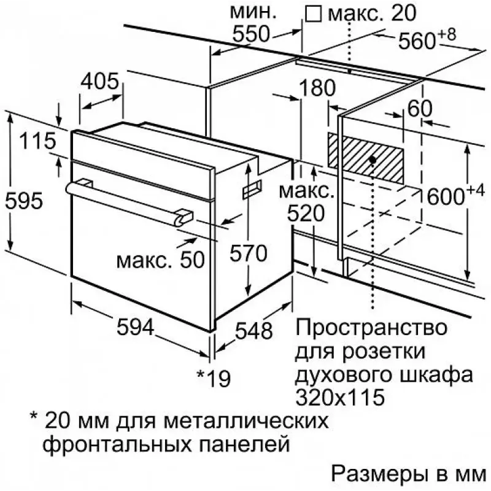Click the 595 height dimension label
[24, 201]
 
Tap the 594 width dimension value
[135, 327]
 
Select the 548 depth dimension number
[254, 331]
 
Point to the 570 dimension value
[248, 253]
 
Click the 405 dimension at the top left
[100, 81]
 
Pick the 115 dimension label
[37, 141]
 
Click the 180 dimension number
[317, 88]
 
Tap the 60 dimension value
[420, 109]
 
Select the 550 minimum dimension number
[251, 34]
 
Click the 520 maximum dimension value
[306, 214]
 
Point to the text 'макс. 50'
[161, 260]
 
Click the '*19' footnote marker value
[214, 378]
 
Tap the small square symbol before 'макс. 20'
[314, 14]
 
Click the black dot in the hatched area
[373, 160]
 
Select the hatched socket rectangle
[365, 158]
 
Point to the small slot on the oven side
[252, 190]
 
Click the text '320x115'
[340, 397]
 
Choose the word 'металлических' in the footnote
[246, 421]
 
